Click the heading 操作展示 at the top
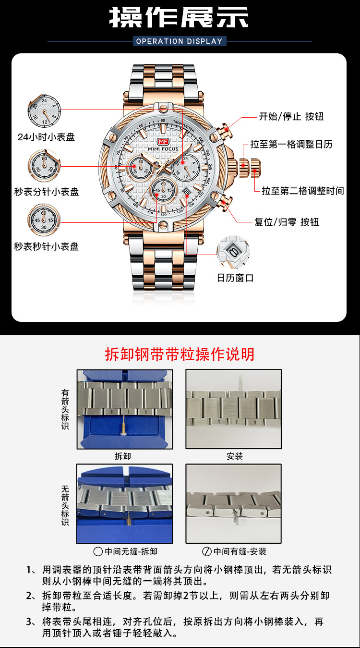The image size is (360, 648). (180, 18)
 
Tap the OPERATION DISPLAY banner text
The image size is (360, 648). (180, 41)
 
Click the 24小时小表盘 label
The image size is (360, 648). (46, 137)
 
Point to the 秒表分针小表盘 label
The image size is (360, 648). (46, 192)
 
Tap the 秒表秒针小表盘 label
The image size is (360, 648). (46, 246)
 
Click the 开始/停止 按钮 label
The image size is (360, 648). (291, 116)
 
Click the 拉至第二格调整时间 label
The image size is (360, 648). (302, 191)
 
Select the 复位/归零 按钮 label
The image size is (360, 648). (287, 222)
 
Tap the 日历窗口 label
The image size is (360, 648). (235, 278)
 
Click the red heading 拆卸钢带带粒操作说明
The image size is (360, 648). (180, 354)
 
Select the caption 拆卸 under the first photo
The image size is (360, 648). (123, 456)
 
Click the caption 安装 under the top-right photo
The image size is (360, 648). (235, 456)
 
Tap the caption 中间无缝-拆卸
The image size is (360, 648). (125, 551)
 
